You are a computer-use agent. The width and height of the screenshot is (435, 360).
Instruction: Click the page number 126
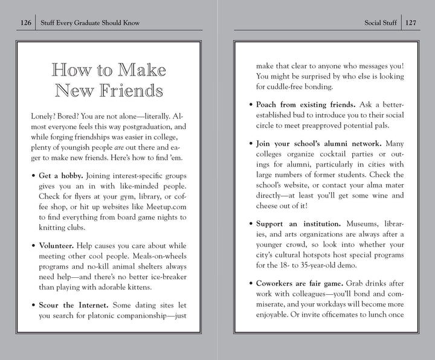pos(25,23)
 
